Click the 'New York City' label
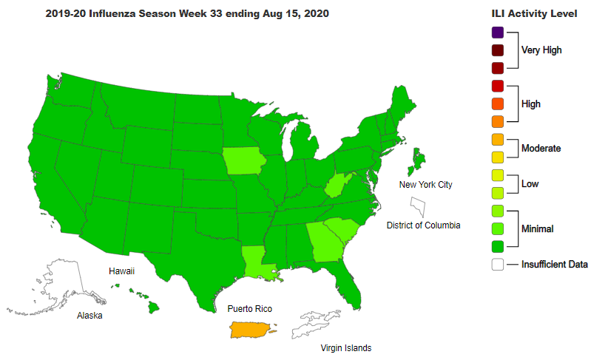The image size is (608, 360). coord(425,185)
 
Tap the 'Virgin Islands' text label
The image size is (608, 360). coord(345,347)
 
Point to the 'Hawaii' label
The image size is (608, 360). coord(121,272)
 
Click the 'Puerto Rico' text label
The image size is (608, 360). coord(250,308)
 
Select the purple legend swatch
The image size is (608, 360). coord(497,33)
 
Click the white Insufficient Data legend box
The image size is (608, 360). coord(497,264)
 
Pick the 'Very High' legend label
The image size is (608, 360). coord(541,50)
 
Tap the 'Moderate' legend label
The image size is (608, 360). coord(541,149)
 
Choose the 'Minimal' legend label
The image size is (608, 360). coord(538,229)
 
